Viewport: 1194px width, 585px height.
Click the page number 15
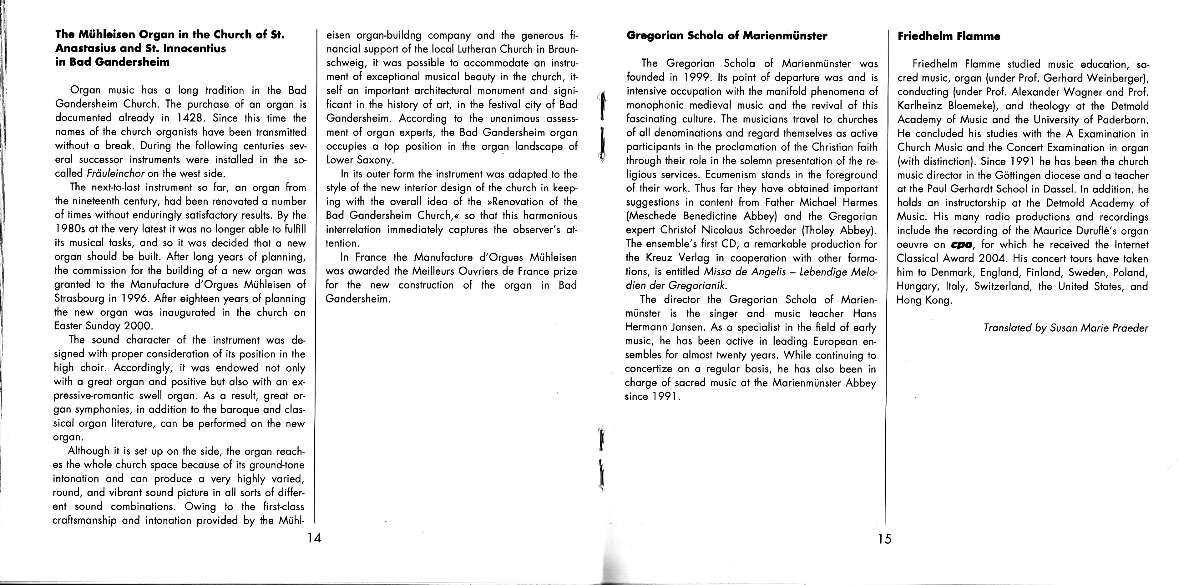[883, 539]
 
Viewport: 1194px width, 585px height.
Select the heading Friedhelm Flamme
[949, 37]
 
